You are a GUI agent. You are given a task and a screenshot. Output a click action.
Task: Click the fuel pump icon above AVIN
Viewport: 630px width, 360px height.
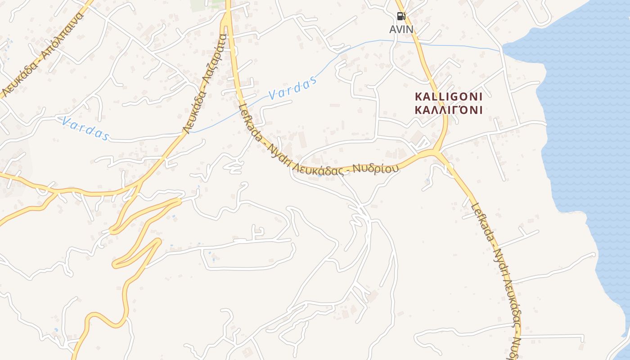(x=401, y=17)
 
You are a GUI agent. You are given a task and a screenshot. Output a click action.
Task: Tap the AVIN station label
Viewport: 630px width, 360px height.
(x=401, y=30)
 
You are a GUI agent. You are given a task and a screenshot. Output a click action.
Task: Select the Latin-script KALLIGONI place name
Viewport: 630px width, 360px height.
(x=448, y=96)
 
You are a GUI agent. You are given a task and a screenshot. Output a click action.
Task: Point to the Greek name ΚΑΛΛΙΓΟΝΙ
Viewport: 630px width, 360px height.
(x=448, y=110)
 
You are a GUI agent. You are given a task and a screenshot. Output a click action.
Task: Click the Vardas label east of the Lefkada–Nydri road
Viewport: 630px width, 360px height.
(x=292, y=88)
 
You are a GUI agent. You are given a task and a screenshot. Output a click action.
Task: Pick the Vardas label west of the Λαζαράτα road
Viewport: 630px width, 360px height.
(x=85, y=128)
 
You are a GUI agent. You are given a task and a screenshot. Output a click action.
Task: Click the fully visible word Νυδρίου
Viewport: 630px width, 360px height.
(x=376, y=169)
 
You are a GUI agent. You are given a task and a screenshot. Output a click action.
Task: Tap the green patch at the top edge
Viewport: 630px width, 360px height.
(x=200, y=4)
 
